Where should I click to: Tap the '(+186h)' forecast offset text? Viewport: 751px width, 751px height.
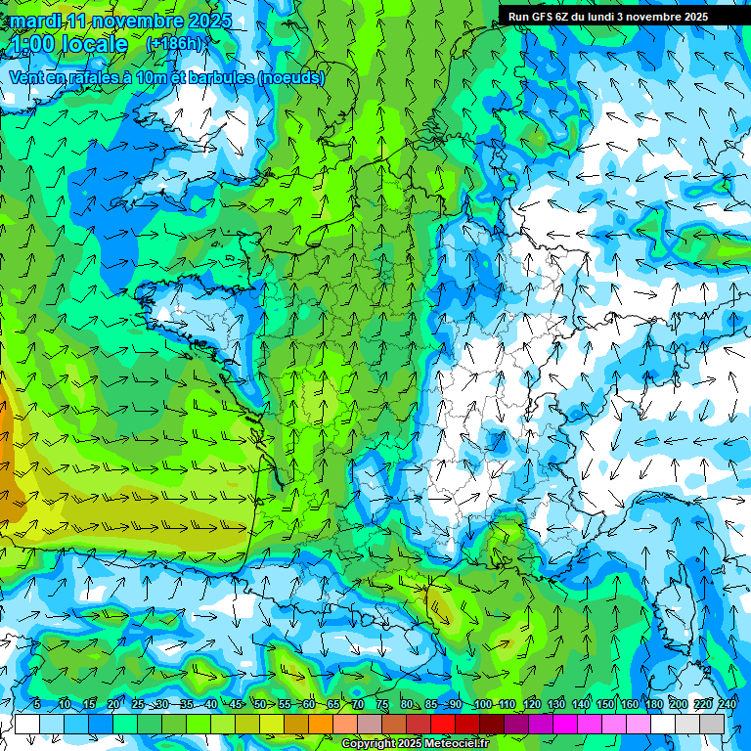point(177,44)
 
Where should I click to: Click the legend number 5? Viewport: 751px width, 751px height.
point(36,705)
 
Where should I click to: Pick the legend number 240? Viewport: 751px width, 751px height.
point(727,705)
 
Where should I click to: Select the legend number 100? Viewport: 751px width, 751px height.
point(482,705)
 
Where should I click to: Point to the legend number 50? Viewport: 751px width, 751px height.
point(259,705)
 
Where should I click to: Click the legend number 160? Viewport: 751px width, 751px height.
point(629,705)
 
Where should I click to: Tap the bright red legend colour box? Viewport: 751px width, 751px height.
point(443,724)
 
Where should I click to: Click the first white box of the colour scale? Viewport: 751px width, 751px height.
point(27,724)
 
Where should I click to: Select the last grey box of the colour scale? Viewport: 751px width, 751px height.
point(712,724)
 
